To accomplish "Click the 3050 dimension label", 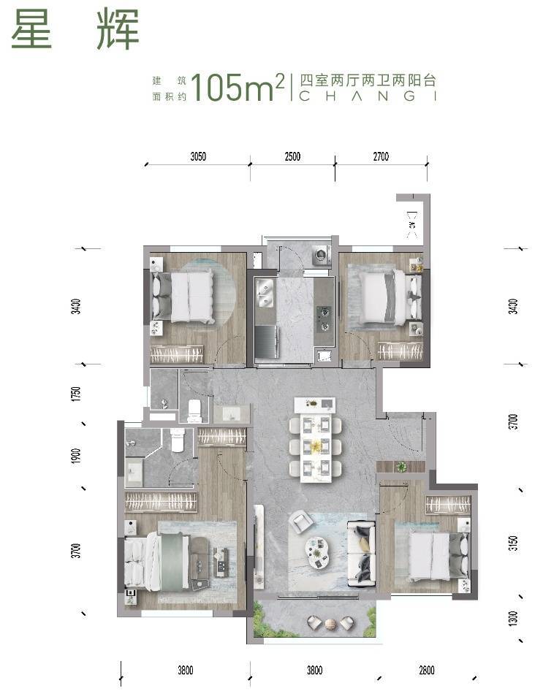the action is [x=198, y=156].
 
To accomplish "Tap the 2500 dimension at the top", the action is [x=292, y=156].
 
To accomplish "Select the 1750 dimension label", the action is [x=76, y=394].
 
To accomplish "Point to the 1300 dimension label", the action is [x=513, y=618].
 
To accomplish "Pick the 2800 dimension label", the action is [x=427, y=671].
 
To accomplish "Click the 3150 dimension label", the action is [x=513, y=543].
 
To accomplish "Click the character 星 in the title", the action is [x=31, y=28].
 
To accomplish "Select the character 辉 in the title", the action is [x=118, y=28].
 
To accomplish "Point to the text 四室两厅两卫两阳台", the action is [x=368, y=80].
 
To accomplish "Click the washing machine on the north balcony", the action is [x=322, y=255].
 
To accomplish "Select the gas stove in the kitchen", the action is [x=325, y=318].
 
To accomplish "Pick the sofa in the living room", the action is [x=362, y=554].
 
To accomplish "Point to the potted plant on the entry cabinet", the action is [x=401, y=466].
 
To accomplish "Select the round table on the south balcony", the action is [x=330, y=623].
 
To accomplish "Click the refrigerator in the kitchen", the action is [x=267, y=342].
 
